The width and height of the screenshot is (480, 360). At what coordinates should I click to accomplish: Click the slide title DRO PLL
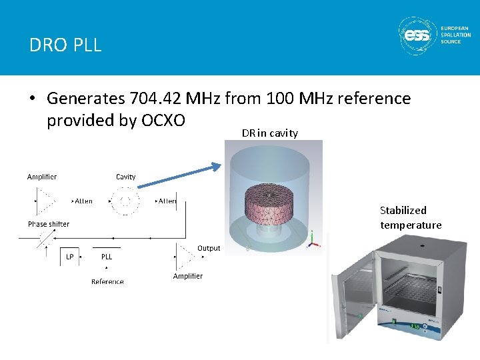pos(65,45)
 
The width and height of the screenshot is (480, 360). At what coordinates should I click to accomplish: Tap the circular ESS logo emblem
pos(417,36)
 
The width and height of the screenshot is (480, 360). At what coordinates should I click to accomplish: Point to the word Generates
pos(86,99)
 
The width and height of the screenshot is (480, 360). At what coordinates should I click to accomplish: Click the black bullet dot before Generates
pos(32,99)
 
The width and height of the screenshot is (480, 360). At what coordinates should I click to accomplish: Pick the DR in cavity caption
pos(269,133)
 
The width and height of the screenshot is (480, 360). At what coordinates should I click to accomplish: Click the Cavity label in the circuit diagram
pos(125,177)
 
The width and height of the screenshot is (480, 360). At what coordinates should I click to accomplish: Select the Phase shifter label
pos(49,224)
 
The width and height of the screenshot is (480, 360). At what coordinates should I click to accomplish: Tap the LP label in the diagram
pos(70,257)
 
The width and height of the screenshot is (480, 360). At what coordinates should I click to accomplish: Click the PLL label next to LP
pos(107,257)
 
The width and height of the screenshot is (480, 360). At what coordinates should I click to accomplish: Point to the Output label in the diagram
pos(209,248)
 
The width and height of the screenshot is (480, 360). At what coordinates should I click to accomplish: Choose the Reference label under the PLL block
pos(107,281)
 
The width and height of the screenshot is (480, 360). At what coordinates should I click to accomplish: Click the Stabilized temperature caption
pos(411,217)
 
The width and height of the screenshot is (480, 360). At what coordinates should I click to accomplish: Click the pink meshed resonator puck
pos(270,203)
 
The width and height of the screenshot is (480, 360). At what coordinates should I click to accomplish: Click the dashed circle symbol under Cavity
pos(125,201)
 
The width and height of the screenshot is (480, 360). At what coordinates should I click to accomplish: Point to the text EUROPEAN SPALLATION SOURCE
pos(455,35)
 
